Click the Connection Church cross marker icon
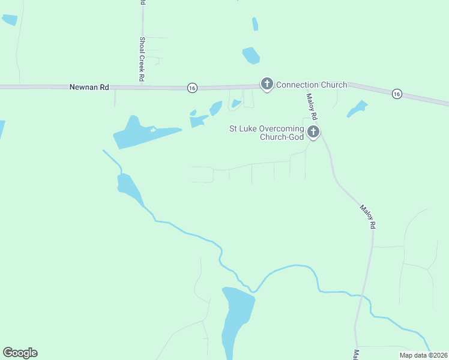267,84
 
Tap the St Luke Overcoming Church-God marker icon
313,132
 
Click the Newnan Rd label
89,87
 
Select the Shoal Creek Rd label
142,59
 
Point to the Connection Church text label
312,85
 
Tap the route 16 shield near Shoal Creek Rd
191,88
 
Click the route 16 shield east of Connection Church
397,94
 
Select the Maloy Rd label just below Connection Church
311,106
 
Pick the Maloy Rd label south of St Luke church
367,217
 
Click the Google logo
20,353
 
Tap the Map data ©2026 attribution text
423,355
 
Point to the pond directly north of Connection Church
251,56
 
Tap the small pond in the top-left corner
10,19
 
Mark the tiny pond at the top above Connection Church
255,24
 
